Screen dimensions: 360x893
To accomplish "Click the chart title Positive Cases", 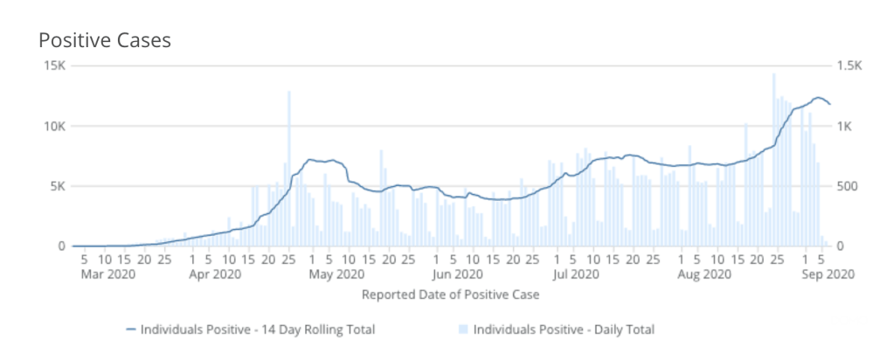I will [x=104, y=40].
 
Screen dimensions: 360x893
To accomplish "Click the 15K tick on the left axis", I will [x=54, y=66].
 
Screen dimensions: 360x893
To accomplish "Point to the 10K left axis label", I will [x=54, y=126].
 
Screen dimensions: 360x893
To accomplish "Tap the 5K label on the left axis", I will [x=58, y=186].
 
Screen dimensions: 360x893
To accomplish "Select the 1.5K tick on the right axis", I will [x=848, y=66].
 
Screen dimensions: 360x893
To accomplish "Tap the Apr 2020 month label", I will [x=215, y=274].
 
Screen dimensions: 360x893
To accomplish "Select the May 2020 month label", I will [x=336, y=274].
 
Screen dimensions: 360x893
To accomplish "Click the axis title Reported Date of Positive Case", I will [x=450, y=294].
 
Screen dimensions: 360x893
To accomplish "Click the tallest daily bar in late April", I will [x=289, y=166].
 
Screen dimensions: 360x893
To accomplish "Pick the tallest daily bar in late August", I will [x=773, y=157].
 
